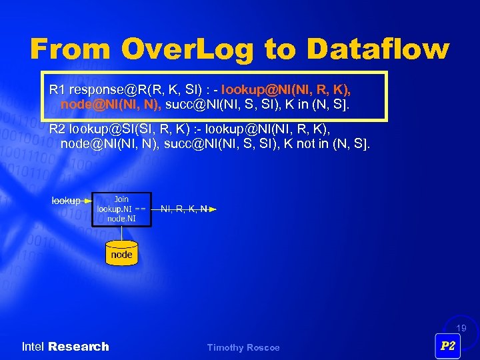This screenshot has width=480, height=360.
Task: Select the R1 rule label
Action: [57, 89]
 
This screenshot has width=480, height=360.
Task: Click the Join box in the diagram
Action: [121, 209]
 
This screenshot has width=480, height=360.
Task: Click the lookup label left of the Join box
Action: [65, 200]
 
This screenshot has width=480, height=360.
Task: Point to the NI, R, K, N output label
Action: [183, 209]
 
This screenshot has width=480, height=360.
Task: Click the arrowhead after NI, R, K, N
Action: [213, 209]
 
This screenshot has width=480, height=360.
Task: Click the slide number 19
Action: [461, 328]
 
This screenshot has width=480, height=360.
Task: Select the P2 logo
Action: [448, 345]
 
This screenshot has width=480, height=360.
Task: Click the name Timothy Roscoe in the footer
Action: [243, 347]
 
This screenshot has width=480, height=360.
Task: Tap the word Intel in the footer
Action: [33, 347]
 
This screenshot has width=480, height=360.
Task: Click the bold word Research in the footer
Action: [79, 347]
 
